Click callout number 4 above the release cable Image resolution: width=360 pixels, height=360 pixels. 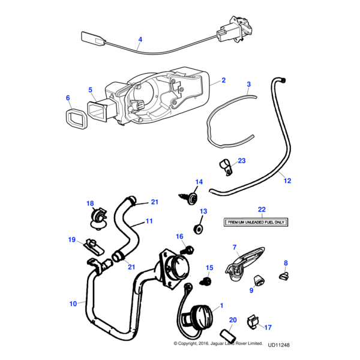tap(140, 41)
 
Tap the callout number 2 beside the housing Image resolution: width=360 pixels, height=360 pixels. tap(223, 80)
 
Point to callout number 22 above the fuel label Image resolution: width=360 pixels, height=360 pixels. tap(261, 209)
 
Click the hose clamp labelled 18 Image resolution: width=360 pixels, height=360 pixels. tap(96, 217)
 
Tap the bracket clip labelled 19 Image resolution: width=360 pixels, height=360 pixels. tap(90, 244)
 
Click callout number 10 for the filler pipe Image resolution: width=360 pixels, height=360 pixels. tap(73, 304)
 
